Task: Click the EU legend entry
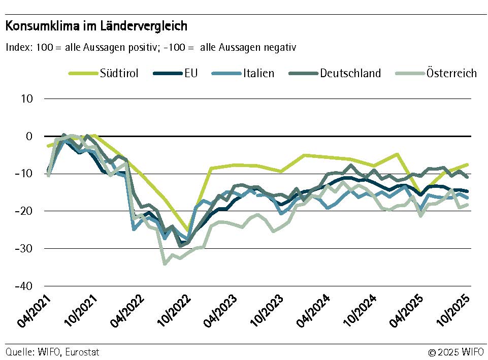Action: (x=190, y=73)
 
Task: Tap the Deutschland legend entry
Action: (x=350, y=73)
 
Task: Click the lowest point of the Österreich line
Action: (x=165, y=264)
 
